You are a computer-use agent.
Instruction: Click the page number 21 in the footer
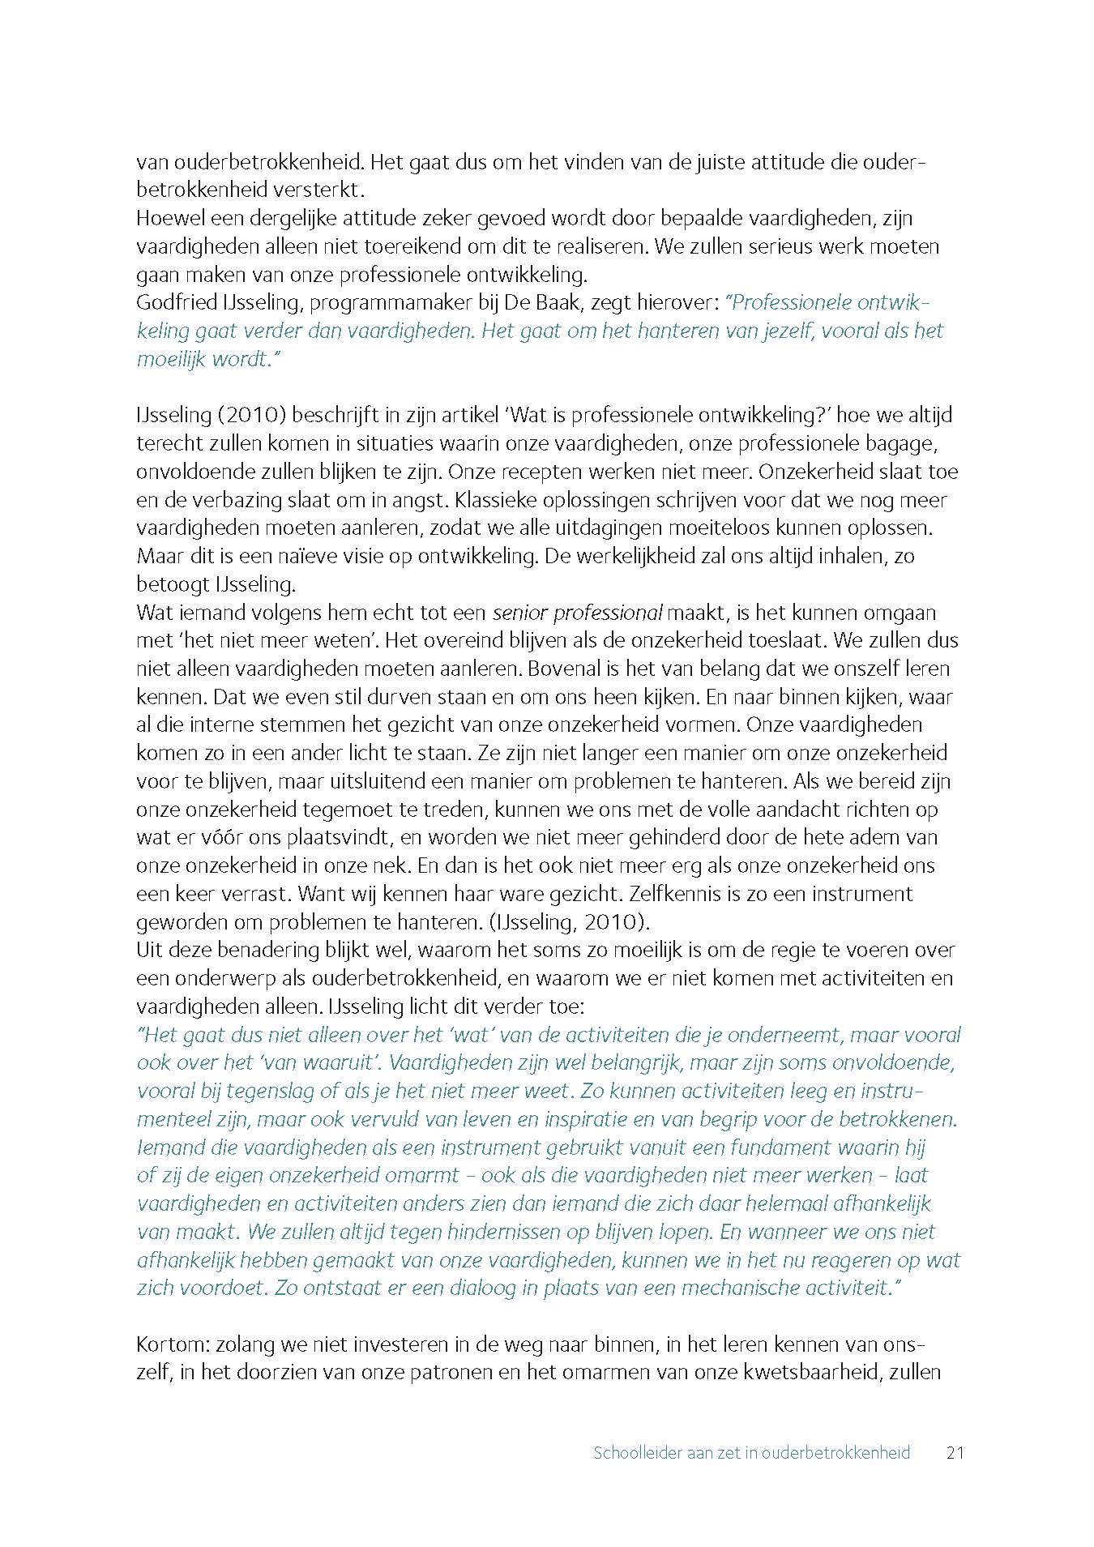[955, 1452]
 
